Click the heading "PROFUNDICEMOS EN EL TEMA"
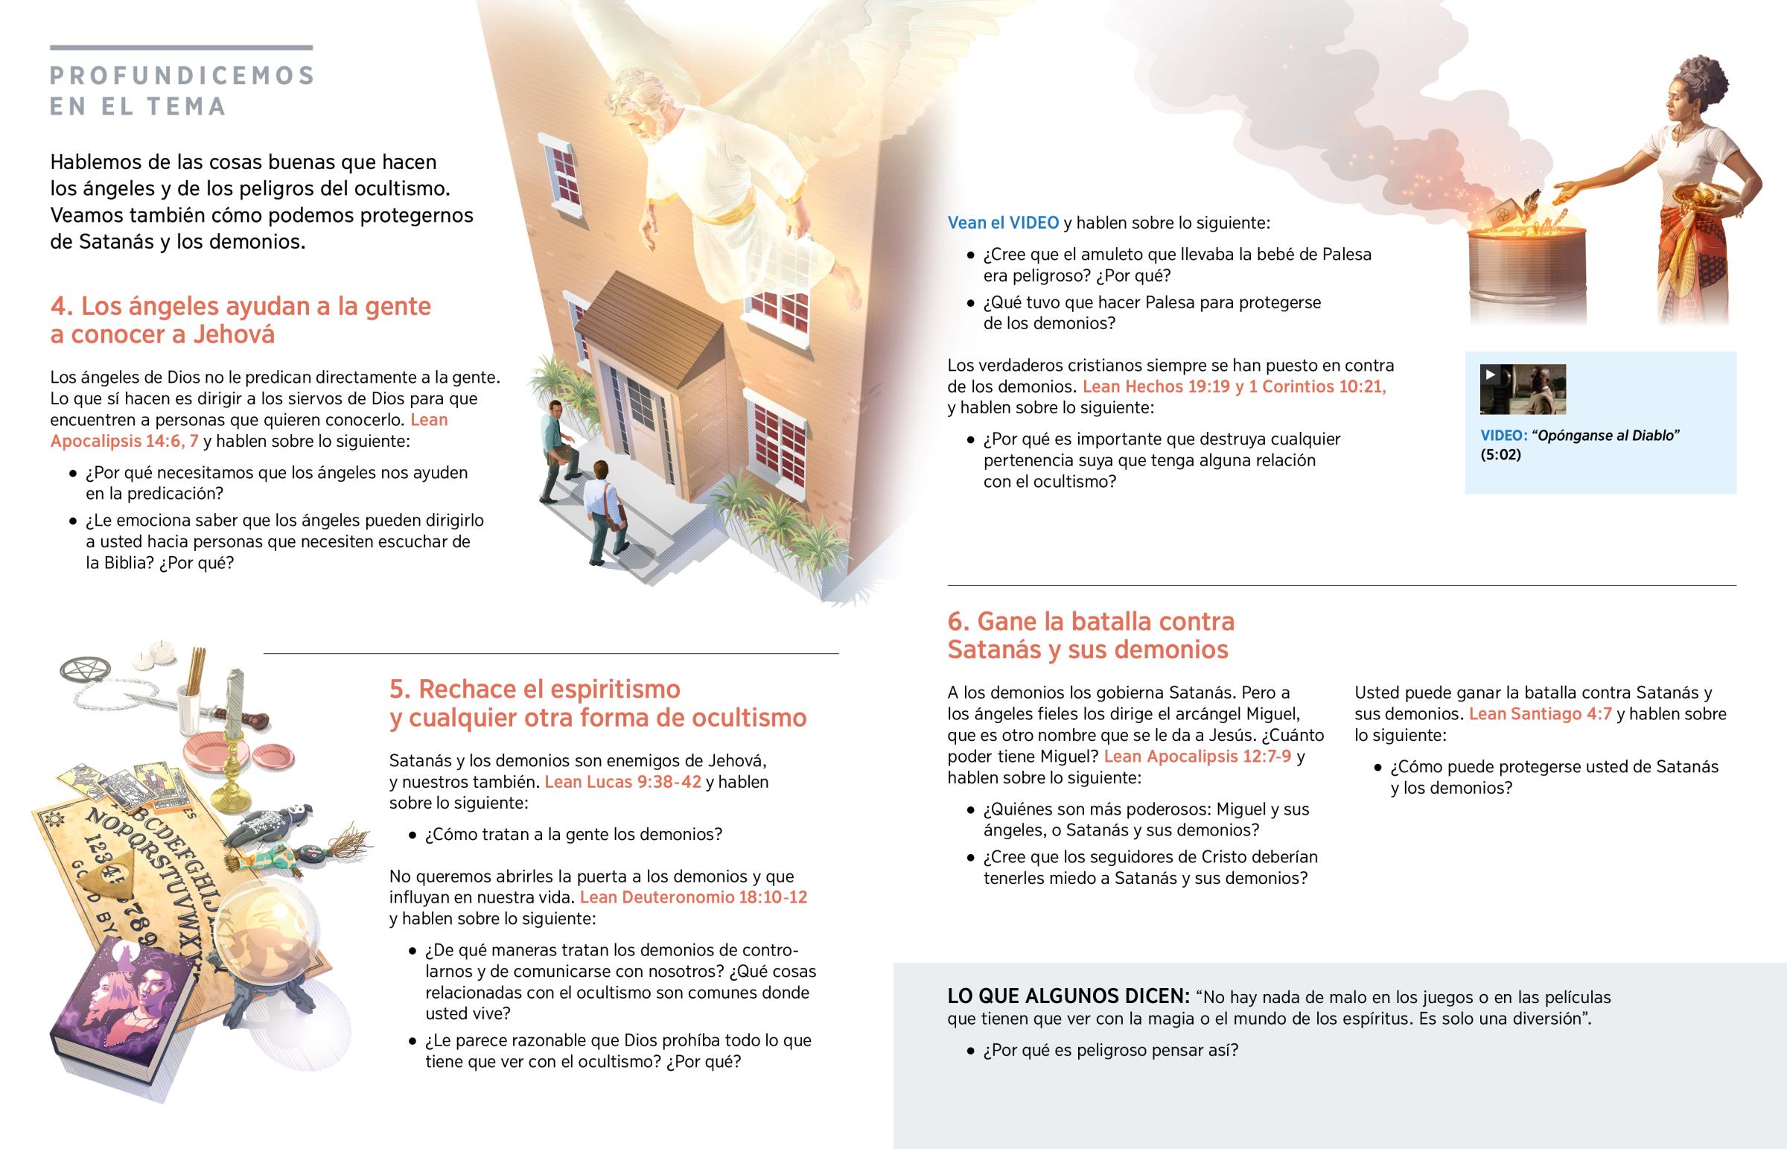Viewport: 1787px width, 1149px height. pos(182,90)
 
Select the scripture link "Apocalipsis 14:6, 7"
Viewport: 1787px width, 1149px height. pos(124,441)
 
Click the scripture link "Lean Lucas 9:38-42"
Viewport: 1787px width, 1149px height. pos(622,782)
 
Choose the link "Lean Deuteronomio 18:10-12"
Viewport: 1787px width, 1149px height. pos(694,897)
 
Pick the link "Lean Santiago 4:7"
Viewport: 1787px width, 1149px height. pos(1540,714)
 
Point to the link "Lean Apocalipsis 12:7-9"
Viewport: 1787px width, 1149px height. pos(1197,757)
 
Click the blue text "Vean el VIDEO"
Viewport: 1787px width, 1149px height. pos(1002,223)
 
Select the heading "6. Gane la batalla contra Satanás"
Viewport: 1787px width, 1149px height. pos(1089,635)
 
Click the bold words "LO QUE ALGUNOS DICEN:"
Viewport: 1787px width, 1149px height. pos(1068,997)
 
